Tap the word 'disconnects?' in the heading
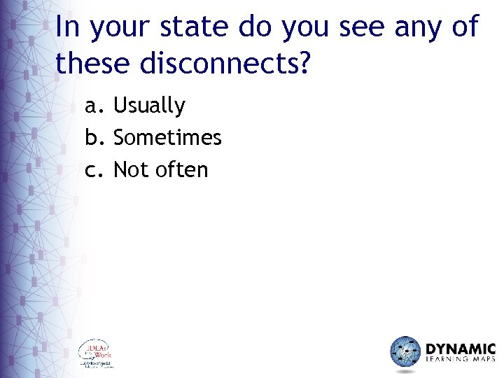point(225,64)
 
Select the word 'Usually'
point(149,106)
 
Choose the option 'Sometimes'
point(167,138)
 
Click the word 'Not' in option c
point(129,170)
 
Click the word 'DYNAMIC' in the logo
point(461,349)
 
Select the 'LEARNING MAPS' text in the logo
point(461,362)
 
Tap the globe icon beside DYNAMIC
point(405,352)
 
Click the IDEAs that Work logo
point(96,354)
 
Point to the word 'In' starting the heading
point(66,27)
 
